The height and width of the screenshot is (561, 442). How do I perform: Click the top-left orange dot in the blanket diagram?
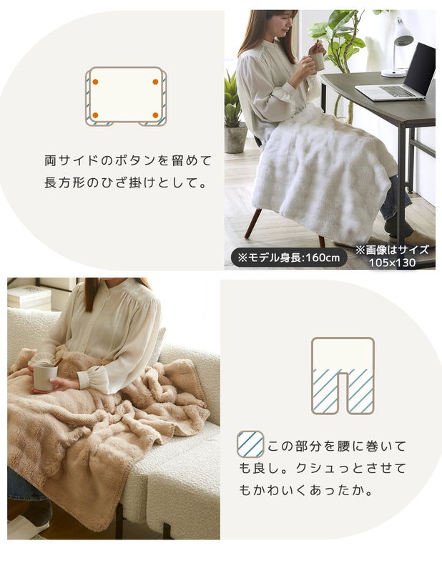[x=95, y=82]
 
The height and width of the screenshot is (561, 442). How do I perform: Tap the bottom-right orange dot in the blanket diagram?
[x=155, y=114]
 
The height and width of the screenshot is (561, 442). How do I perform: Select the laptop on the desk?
[x=397, y=73]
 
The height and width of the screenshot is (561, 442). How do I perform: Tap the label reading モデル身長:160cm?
[x=289, y=258]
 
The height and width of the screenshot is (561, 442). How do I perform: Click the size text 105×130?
[x=392, y=263]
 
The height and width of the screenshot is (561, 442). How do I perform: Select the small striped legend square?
[x=250, y=444]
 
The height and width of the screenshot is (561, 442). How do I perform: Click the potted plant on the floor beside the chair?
[x=235, y=114]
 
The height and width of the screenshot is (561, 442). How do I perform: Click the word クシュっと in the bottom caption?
[x=328, y=468]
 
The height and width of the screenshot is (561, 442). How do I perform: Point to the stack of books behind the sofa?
[x=29, y=298]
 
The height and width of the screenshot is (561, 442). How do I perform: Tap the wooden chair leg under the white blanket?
[x=253, y=222]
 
